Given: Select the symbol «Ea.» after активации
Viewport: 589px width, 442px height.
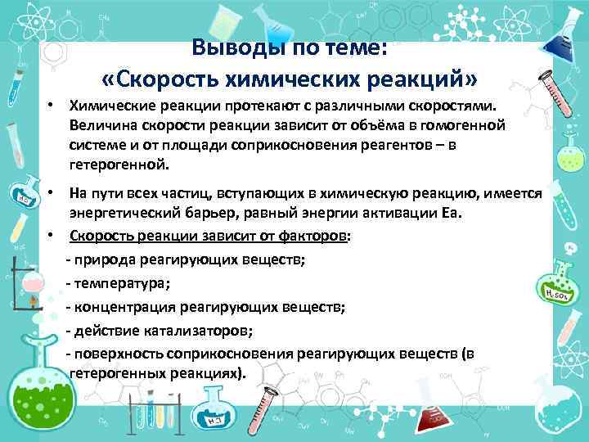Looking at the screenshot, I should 452,214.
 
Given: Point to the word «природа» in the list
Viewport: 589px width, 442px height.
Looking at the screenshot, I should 104,261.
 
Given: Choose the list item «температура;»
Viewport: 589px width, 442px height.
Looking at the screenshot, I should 121,284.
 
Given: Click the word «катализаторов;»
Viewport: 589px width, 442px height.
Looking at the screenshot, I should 198,331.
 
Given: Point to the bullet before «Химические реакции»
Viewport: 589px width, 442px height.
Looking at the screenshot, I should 51,106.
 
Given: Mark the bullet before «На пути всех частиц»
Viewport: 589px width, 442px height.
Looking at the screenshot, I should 51,192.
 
